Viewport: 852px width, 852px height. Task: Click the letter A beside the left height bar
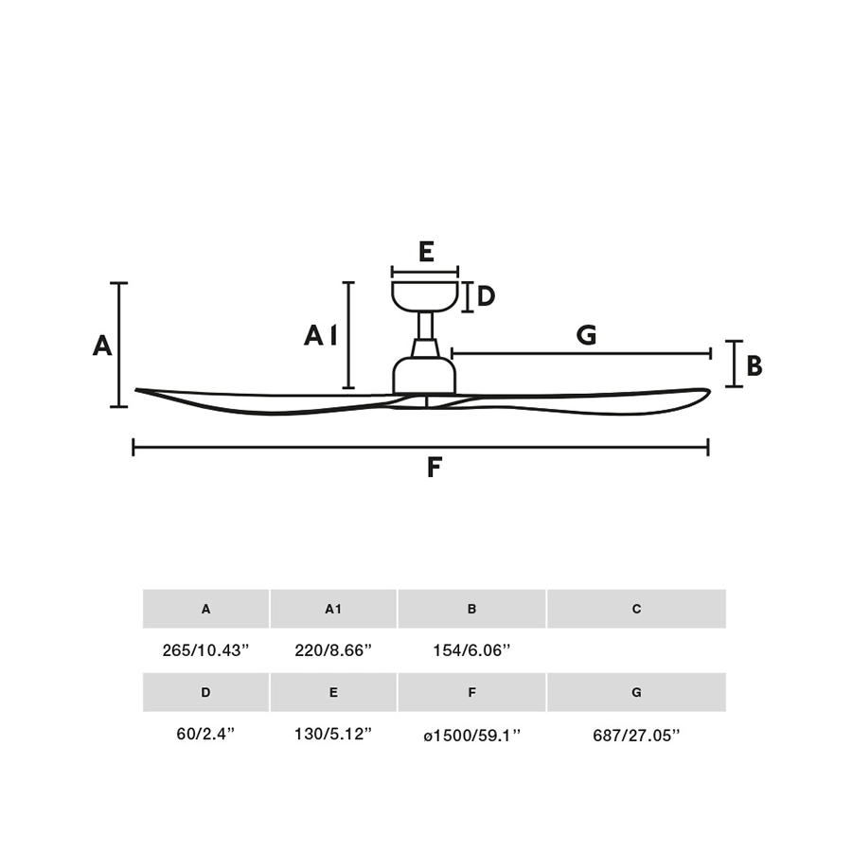point(102,346)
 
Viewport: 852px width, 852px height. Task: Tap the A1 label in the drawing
point(321,335)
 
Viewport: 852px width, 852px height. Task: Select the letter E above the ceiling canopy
point(426,252)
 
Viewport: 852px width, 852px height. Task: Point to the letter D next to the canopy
point(486,296)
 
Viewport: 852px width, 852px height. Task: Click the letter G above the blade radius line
point(586,335)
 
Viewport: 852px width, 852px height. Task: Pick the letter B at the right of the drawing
point(754,365)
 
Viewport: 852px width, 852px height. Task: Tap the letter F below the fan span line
point(434,468)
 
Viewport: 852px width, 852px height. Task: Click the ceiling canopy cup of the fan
point(425,296)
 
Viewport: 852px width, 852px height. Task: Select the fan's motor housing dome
point(424,375)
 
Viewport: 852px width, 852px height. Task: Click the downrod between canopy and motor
point(425,326)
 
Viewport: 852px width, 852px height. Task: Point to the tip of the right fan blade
point(709,391)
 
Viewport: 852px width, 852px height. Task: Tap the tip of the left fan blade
point(137,390)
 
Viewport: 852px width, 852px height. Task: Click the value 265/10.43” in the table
point(205,649)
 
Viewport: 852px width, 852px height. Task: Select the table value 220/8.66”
point(333,649)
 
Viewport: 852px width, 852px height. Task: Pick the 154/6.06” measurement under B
point(471,649)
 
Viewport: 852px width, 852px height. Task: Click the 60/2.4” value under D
point(205,734)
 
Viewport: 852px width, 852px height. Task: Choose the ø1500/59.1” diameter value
point(471,736)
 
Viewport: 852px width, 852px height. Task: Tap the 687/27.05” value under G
point(636,736)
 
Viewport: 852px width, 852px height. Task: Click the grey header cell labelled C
point(636,609)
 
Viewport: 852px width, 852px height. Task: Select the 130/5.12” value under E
point(333,734)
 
